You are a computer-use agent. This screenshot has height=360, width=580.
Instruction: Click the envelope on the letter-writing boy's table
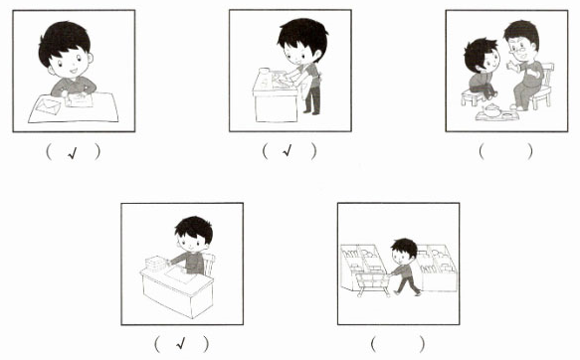pos(48,105)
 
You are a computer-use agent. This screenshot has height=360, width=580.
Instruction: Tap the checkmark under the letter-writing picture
pos(73,153)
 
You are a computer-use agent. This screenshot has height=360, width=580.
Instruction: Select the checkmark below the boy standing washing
pos(288,150)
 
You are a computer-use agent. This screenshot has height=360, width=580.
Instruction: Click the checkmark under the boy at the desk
pos(180,344)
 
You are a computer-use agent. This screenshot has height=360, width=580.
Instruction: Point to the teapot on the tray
pos(492,110)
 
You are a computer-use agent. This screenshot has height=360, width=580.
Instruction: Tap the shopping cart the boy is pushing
pos(372,281)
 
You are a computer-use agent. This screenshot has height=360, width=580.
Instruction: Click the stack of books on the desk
pos(156,263)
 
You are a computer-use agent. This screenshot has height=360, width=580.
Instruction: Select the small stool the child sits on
pos(472,97)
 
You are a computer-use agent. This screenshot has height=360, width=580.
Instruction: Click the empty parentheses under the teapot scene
pos(505,151)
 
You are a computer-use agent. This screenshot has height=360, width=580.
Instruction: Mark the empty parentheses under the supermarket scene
pos(398,344)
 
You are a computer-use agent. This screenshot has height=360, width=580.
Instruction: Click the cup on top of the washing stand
pos(264,71)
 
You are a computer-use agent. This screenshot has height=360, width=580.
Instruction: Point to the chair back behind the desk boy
pos(209,264)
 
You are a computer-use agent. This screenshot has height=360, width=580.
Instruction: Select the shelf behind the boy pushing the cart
pos(437,267)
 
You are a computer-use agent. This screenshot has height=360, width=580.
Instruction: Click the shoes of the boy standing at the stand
pos(311,112)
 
